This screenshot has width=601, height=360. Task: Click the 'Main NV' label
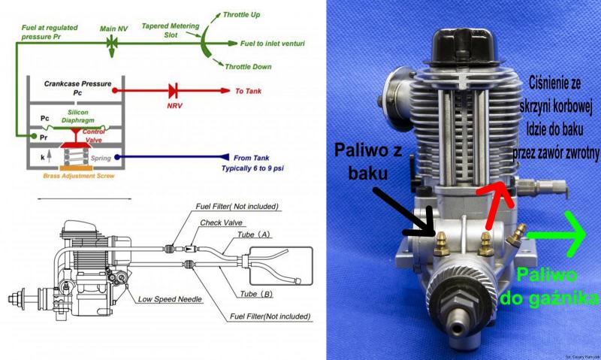click(x=114, y=29)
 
